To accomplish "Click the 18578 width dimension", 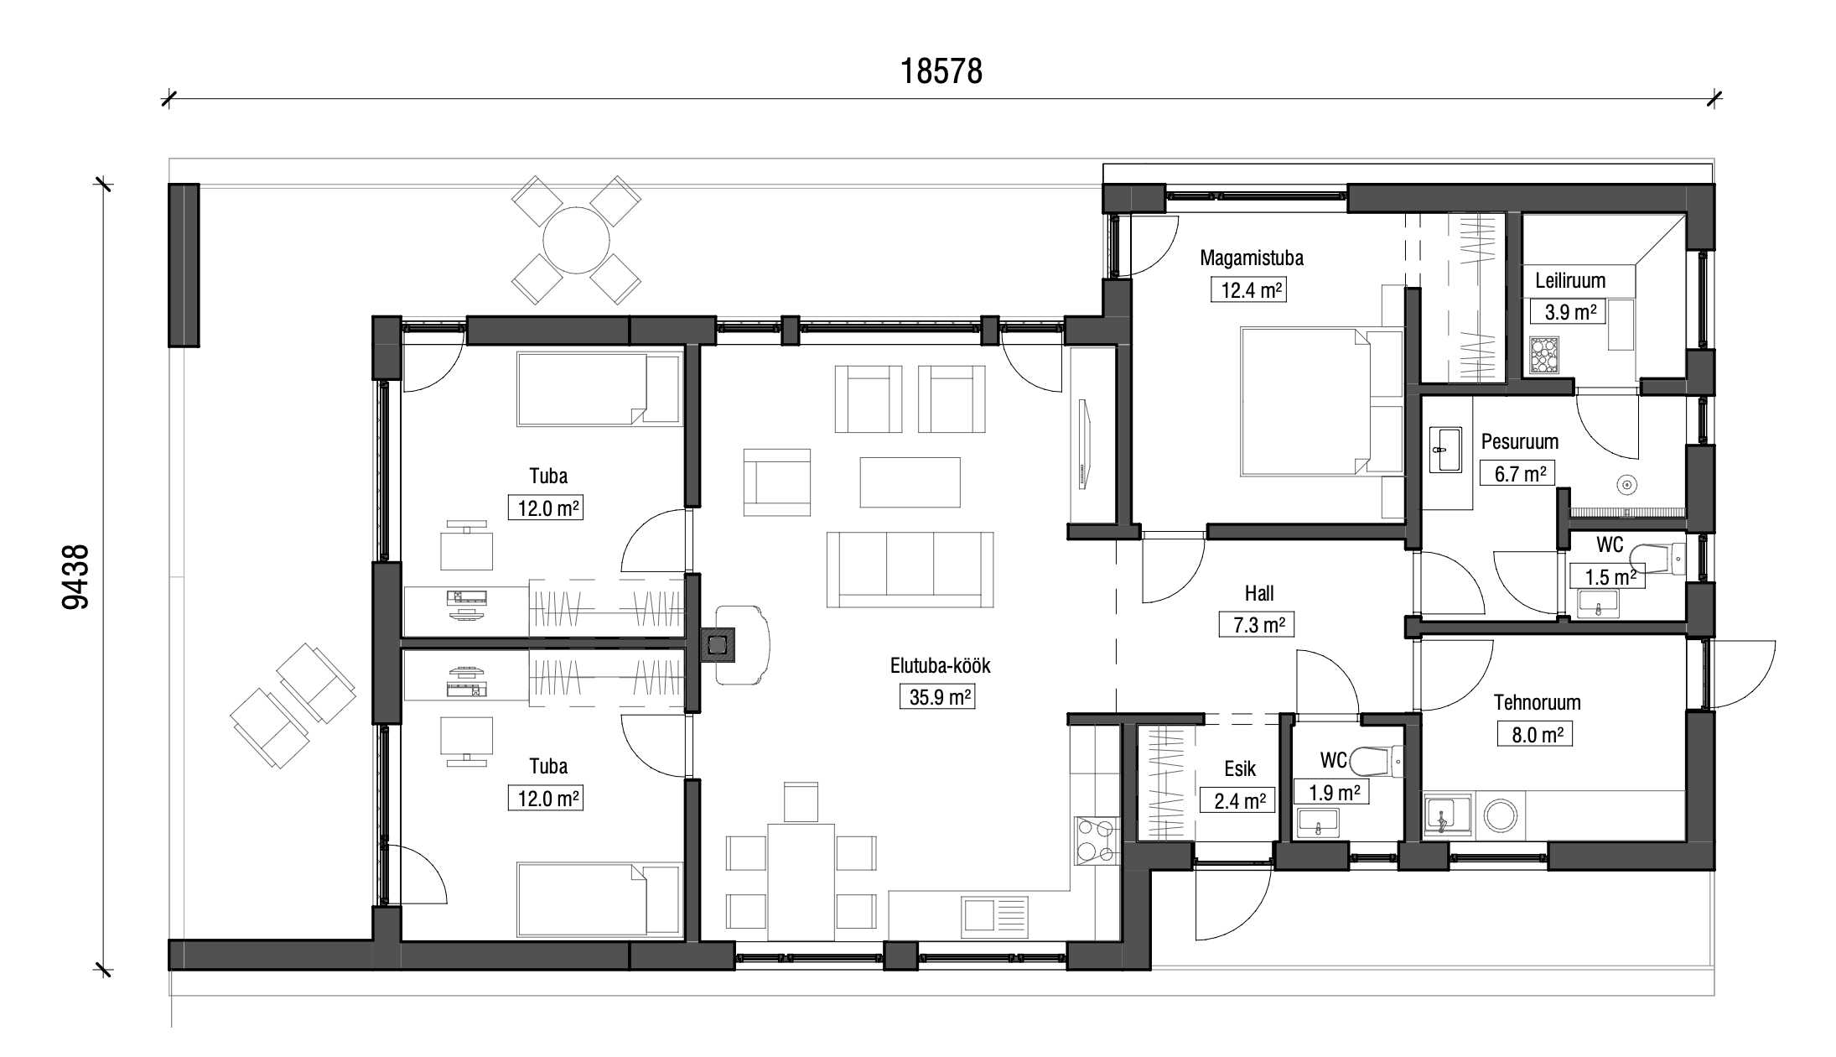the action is [941, 72].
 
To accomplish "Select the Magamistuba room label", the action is [1252, 258].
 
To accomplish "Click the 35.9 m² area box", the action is [940, 696].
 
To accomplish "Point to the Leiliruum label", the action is [1570, 280].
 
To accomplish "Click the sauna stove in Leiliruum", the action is [1543, 355].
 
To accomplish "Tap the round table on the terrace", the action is [577, 239].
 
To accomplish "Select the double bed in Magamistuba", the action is [1320, 403].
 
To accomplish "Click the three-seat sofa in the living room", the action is [910, 569].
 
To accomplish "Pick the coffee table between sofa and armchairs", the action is [910, 482].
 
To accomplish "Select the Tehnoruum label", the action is [1537, 702].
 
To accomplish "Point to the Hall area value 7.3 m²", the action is [1258, 625].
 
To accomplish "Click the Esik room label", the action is [1240, 769].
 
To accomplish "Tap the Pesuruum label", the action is [1519, 441].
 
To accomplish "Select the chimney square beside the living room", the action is [717, 645].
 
